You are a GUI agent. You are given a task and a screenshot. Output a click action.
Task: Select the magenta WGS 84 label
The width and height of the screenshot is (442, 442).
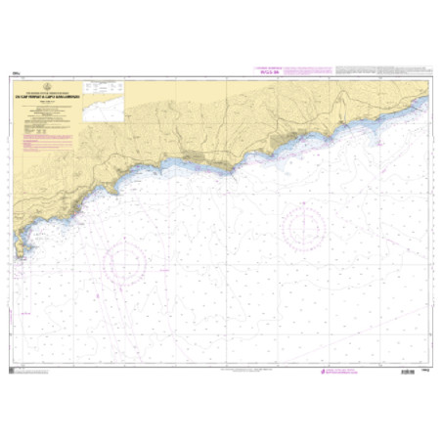pyautogui.click(x=266, y=70)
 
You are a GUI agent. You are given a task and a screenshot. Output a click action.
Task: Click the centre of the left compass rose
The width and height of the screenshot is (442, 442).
pyautogui.click(x=125, y=262)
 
